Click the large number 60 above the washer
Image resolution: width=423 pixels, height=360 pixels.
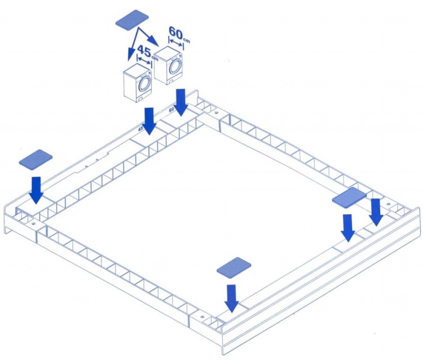(176, 32)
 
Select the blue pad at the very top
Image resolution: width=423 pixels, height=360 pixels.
(132, 19)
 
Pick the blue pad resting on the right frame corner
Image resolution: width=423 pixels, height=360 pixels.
(349, 198)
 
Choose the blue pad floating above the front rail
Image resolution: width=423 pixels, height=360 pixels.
(234, 267)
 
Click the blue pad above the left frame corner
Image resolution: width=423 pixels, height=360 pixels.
(36, 160)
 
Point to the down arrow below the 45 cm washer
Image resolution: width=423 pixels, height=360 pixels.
(149, 121)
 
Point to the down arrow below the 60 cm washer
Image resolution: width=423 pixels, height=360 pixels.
(180, 103)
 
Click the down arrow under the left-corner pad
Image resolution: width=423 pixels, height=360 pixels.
(36, 190)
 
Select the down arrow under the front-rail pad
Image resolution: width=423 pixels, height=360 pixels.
(232, 298)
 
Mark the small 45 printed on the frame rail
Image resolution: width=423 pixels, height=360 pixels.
(140, 129)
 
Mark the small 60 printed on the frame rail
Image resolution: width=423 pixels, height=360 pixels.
(171, 110)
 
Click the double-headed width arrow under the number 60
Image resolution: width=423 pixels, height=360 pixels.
(176, 43)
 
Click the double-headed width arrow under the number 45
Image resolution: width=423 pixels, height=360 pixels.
(144, 60)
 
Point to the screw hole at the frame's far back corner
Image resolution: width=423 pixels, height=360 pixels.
(216, 112)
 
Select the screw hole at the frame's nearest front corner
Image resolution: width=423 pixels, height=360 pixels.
(201, 316)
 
